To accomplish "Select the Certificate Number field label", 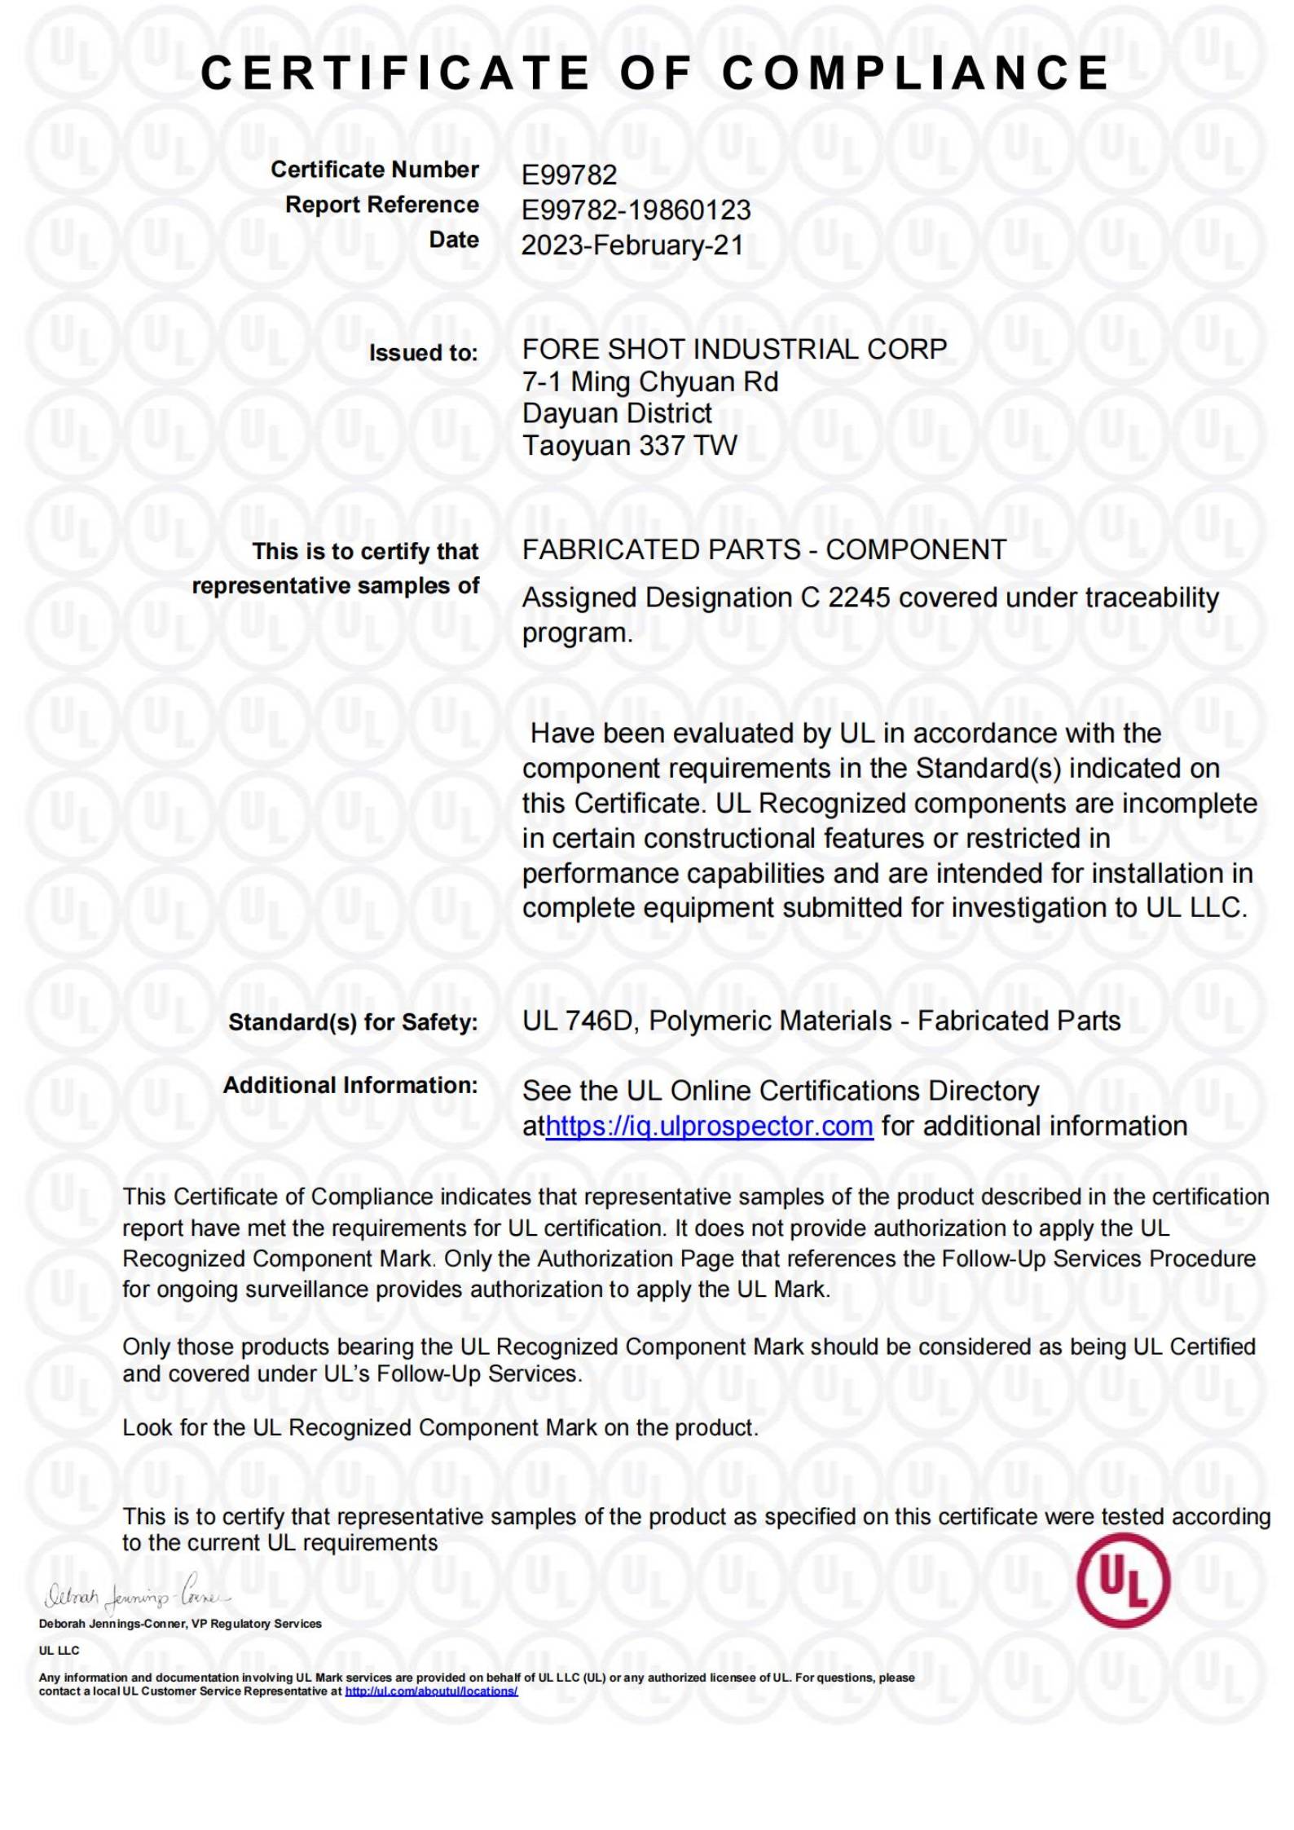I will (x=375, y=170).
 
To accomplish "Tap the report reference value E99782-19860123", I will (x=636, y=210).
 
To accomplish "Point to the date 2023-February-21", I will (x=632, y=245).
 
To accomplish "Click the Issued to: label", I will (x=423, y=353).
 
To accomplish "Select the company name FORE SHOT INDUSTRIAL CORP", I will (x=734, y=350).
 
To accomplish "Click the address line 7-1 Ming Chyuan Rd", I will (x=649, y=381).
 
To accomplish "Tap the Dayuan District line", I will (x=617, y=413).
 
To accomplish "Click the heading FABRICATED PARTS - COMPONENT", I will (x=764, y=550).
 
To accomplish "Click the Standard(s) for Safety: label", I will (x=353, y=1022).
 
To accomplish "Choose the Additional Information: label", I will (x=350, y=1085).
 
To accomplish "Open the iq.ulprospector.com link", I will (x=709, y=1126).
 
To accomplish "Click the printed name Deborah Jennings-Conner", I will (x=113, y=1624).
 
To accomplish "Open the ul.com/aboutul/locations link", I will (x=431, y=1691).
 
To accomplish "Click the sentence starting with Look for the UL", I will (x=440, y=1427).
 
